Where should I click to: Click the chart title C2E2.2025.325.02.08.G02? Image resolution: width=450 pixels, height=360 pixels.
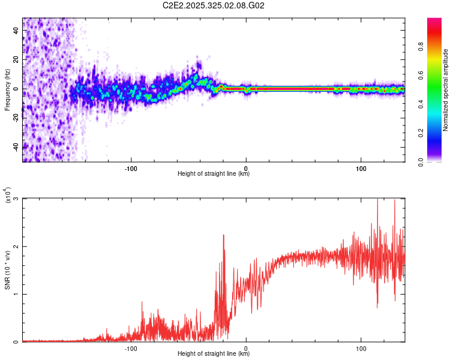click(x=214, y=5)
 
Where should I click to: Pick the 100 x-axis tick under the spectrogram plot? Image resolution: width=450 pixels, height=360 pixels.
click(x=361, y=167)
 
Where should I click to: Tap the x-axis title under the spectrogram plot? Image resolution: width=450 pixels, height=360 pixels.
click(x=214, y=174)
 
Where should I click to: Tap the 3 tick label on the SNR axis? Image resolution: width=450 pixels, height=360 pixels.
click(x=16, y=199)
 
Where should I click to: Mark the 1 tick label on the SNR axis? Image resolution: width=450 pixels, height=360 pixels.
click(x=16, y=294)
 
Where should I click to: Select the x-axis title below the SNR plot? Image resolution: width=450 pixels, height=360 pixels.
click(x=214, y=354)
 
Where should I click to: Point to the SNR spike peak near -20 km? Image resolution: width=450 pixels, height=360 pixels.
click(x=224, y=235)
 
